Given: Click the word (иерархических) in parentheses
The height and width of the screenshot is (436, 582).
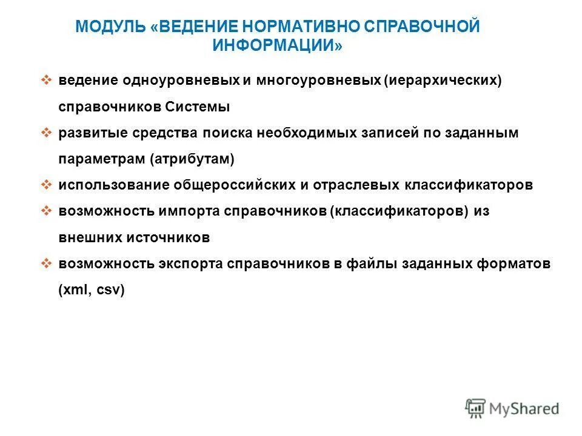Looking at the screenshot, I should coord(443,81).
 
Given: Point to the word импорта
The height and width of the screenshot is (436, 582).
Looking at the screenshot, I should coord(189,212).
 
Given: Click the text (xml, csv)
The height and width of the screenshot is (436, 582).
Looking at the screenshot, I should coord(92,290).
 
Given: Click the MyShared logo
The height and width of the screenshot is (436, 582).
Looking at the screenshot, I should coord(512,408).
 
